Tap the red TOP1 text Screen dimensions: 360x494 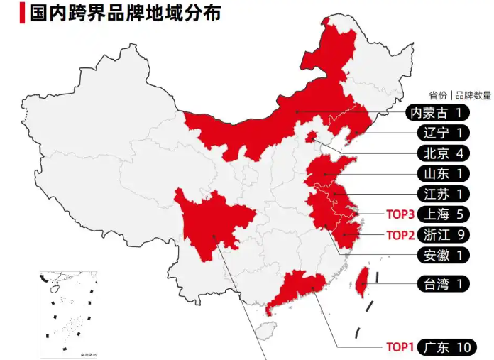[399, 347]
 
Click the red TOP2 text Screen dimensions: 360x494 [399, 234]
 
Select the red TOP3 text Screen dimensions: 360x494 [399, 214]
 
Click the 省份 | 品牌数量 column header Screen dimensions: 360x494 [459, 95]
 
